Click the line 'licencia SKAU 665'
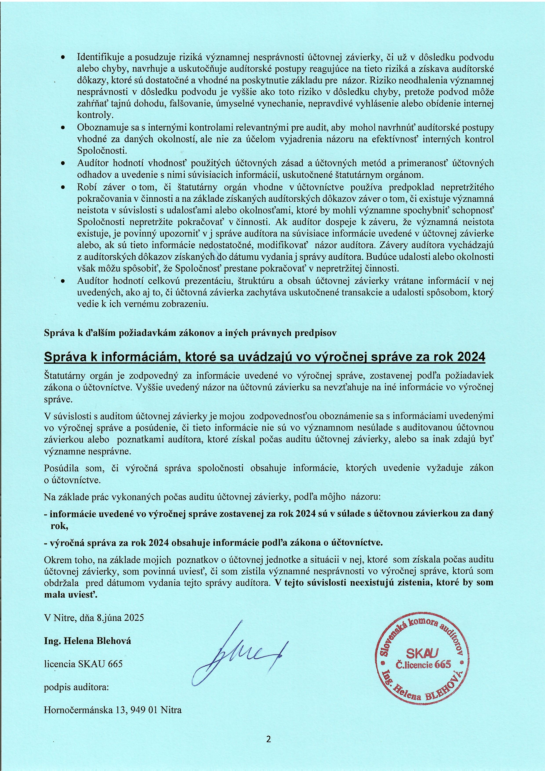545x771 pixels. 83,664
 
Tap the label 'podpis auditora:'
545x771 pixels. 76,687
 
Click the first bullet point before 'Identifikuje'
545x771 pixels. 63,58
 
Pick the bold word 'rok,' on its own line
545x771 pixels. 59,526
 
